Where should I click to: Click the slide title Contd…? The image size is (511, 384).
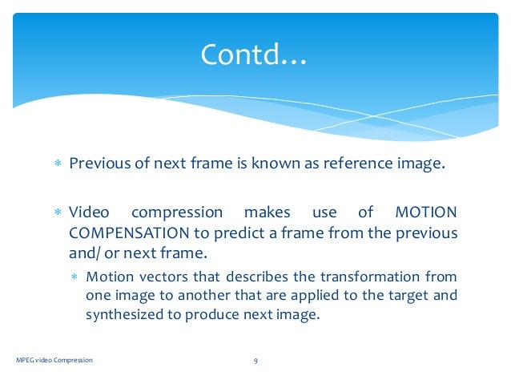pos(254,55)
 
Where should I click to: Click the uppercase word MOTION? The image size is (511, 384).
pos(426,212)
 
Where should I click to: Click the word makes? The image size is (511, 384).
pos(268,212)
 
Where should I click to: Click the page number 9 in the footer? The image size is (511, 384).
pos(255,361)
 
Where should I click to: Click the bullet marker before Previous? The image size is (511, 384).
pos(58,165)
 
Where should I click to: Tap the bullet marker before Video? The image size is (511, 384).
pos(58,213)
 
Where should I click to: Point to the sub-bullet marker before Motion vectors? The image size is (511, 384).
pos(74,277)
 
